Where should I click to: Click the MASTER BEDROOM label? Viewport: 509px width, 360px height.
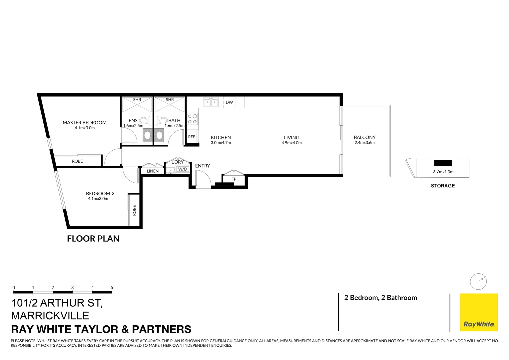pyautogui.click(x=85, y=122)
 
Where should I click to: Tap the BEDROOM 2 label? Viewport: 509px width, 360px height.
pyautogui.click(x=100, y=193)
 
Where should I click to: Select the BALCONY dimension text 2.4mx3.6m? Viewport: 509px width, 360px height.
pyautogui.click(x=364, y=143)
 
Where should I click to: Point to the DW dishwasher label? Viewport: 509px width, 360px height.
pyautogui.click(x=229, y=102)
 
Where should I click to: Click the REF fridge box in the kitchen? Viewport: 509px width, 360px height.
pyautogui.click(x=192, y=137)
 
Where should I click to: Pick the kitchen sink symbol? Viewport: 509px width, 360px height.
pyautogui.click(x=211, y=102)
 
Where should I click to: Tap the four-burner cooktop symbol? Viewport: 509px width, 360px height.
pyautogui.click(x=192, y=119)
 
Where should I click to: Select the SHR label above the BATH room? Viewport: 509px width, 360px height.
pyautogui.click(x=170, y=100)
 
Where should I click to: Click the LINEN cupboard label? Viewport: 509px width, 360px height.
pyautogui.click(x=153, y=171)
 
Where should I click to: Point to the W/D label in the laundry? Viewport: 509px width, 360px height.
pyautogui.click(x=183, y=169)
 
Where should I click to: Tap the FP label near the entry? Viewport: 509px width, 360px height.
pyautogui.click(x=234, y=179)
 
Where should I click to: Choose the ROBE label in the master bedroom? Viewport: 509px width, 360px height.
pyautogui.click(x=77, y=161)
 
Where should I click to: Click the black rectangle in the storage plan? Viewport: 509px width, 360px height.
pyautogui.click(x=443, y=163)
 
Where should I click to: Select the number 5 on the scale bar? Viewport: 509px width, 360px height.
pyautogui.click(x=112, y=287)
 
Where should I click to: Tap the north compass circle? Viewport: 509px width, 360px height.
pyautogui.click(x=478, y=282)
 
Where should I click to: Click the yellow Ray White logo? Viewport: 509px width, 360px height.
pyautogui.click(x=479, y=312)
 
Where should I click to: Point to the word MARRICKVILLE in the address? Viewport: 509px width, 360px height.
pyautogui.click(x=50, y=316)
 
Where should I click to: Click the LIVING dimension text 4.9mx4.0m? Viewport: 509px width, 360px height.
pyautogui.click(x=291, y=143)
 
